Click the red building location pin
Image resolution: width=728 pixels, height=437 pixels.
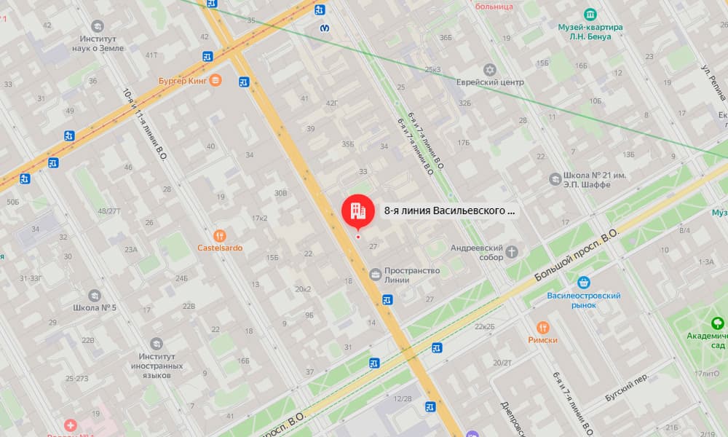point(357,211)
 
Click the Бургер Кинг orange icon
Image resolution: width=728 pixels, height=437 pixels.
point(215,81)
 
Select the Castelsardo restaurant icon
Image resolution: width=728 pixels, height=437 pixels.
point(219,235)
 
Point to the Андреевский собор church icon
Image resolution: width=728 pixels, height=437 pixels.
point(513,252)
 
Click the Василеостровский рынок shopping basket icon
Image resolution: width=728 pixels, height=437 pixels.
point(583,283)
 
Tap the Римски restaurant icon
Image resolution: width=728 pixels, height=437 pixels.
point(542,327)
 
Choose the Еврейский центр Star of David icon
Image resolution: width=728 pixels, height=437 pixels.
point(490,70)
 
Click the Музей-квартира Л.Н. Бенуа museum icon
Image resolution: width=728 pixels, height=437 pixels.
point(590,14)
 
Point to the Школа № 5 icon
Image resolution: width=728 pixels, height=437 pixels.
point(95,296)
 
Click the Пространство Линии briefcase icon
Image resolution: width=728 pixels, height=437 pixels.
point(375,275)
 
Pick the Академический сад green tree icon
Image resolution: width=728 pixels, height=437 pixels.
point(717,323)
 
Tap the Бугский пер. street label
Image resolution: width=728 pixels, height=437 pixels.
point(626,389)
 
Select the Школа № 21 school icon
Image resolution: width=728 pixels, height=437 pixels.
point(555,178)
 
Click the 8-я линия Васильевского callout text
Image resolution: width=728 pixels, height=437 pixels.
point(449,211)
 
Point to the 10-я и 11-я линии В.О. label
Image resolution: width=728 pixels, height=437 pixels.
point(144,124)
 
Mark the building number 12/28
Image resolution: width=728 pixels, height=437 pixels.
point(403,398)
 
